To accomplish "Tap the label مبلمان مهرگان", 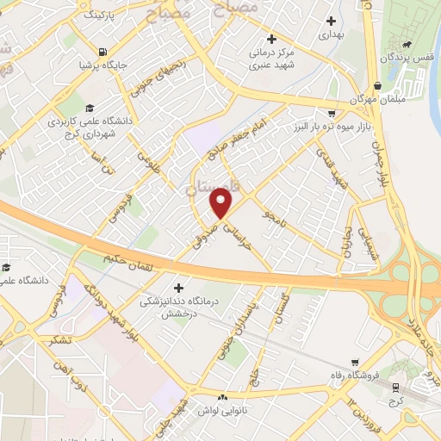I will (x=376, y=99).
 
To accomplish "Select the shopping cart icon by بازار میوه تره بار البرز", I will (x=332, y=113).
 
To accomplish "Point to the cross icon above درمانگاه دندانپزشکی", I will (x=178, y=288).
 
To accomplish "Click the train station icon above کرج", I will (x=396, y=388).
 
